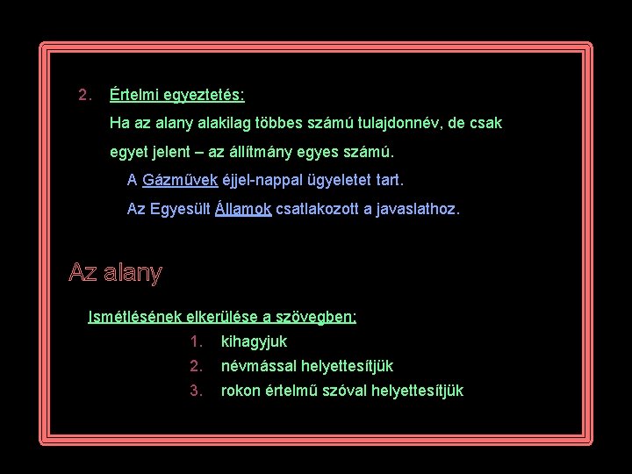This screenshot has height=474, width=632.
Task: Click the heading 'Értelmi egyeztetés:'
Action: (177, 94)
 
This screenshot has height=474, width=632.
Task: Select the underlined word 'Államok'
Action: (243, 210)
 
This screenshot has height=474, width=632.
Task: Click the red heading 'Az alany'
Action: (115, 273)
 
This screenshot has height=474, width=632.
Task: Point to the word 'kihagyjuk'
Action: (254, 341)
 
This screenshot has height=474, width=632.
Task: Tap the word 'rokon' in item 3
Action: (241, 391)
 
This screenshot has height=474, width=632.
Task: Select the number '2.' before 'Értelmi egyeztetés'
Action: (84, 94)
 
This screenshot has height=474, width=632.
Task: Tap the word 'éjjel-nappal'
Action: (262, 181)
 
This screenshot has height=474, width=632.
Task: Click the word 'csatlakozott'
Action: (318, 210)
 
